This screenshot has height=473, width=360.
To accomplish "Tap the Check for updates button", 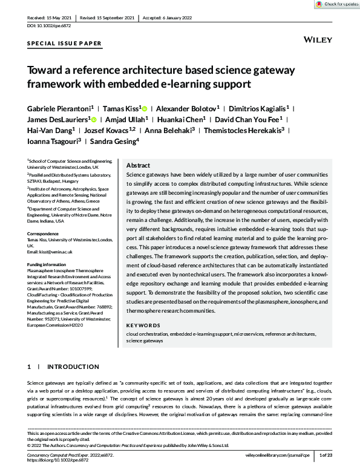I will pyautogui.click(x=337, y=4).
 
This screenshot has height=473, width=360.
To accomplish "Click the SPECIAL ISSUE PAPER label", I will pyautogui.click(x=65, y=44).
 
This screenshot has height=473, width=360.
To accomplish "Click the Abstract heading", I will pyautogui.click(x=138, y=165).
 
